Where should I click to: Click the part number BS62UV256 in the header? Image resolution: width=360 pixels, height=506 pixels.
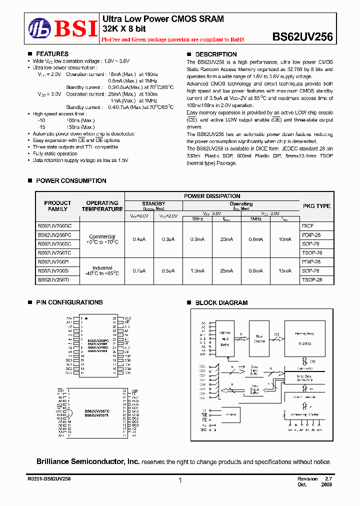pyautogui.click(x=302, y=36)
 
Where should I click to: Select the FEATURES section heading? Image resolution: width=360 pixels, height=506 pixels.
pyautogui.click(x=52, y=54)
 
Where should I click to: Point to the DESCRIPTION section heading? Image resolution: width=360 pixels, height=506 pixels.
pyautogui.click(x=215, y=54)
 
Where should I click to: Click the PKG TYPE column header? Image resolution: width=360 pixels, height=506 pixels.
pyautogui.click(x=316, y=206)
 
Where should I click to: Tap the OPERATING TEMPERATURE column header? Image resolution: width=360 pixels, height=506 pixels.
pyautogui.click(x=102, y=206)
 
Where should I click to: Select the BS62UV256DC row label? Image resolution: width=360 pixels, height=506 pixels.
pyautogui.click(x=54, y=225)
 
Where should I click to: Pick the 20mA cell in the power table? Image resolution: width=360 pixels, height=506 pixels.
pyautogui.click(x=226, y=239)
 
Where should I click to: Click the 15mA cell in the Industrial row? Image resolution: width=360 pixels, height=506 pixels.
pyautogui.click(x=284, y=271)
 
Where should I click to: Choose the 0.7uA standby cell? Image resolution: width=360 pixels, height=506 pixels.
pyautogui.click(x=139, y=271)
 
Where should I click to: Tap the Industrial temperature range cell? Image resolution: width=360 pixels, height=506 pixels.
pyautogui.click(x=102, y=271)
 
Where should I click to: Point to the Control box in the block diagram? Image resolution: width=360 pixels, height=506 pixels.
pyautogui.click(x=231, y=415)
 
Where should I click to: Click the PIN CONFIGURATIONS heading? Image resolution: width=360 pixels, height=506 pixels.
pyautogui.click(x=69, y=302)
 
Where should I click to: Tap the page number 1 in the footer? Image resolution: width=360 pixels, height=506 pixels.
pyautogui.click(x=179, y=480)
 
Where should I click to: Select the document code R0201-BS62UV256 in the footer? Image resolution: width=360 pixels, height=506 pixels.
pyautogui.click(x=49, y=479)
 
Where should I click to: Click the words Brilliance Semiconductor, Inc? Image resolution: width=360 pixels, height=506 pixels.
pyautogui.click(x=87, y=462)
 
